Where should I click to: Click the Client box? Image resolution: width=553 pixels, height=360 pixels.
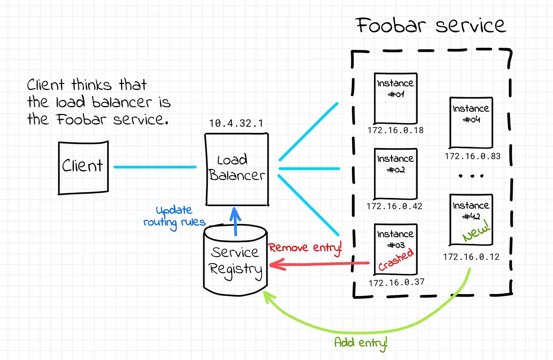tap(83, 168)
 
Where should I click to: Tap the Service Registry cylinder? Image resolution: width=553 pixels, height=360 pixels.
tap(235, 260)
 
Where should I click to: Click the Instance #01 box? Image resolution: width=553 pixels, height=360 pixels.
tap(396, 99)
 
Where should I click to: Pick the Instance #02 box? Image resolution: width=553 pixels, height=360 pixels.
tap(396, 174)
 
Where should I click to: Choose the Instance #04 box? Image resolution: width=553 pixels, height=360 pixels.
tap(471, 122)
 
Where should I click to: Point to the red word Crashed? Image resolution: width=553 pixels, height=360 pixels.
tap(396, 260)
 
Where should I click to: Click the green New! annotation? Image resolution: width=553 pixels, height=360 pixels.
tap(476, 230)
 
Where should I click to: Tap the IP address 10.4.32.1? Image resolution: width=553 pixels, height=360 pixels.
tap(236, 123)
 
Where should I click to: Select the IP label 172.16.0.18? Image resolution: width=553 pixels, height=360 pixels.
tap(395, 130)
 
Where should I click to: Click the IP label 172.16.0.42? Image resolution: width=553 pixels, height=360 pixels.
tap(394, 206)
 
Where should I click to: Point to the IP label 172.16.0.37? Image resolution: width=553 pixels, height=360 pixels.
tap(396, 282)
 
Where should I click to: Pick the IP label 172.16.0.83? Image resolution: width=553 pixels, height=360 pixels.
tap(473, 156)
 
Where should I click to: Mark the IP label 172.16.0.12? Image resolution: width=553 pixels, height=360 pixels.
tap(471, 257)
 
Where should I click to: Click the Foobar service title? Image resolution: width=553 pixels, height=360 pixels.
tap(431, 25)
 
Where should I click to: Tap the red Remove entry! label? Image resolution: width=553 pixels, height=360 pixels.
tap(305, 248)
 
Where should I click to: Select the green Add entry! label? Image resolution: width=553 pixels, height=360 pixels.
tap(361, 343)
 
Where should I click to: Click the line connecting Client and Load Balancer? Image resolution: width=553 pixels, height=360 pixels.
tap(155, 167)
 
